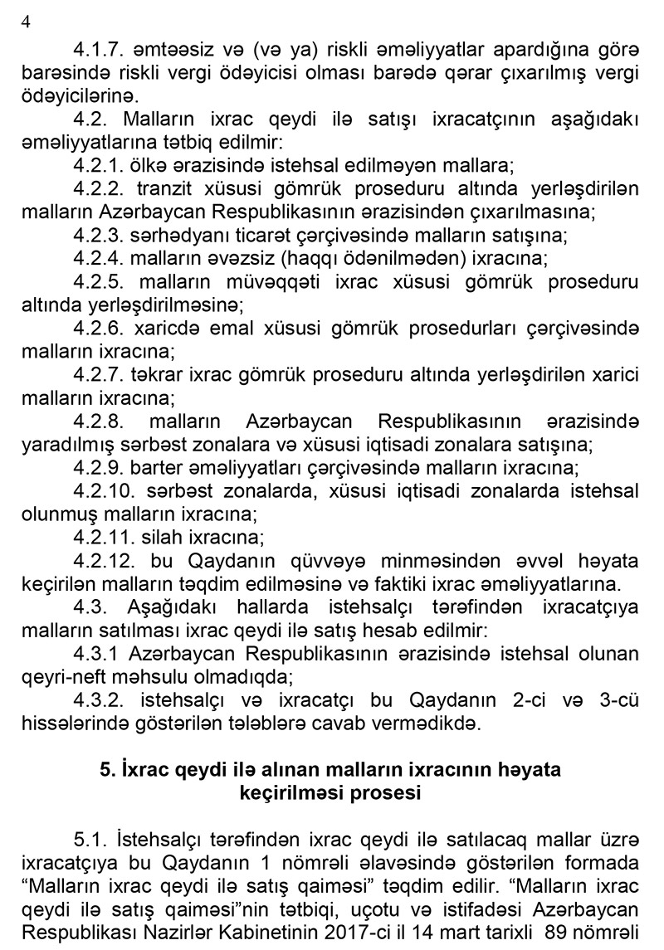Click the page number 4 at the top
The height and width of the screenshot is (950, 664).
coord(24,23)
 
